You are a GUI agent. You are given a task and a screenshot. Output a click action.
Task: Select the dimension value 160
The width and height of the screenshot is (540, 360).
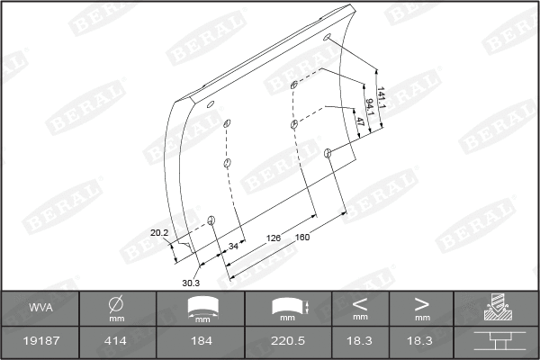[x=302, y=238]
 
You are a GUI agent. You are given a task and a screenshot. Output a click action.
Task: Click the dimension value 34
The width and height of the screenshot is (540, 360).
[x=234, y=245]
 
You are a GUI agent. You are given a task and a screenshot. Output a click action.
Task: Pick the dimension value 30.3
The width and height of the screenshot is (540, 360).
[x=190, y=283]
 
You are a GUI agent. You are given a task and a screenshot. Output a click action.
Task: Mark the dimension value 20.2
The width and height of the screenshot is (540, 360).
[x=159, y=233]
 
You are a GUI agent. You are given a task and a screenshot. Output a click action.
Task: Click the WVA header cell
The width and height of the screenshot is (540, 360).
[x=40, y=308]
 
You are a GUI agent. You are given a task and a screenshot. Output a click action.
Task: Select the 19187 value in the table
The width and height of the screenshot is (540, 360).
[x=40, y=343]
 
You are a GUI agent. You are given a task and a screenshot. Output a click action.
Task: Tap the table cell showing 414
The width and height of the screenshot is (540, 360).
[x=116, y=343]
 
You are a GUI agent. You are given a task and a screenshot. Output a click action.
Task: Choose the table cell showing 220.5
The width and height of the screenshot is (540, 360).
[x=288, y=343]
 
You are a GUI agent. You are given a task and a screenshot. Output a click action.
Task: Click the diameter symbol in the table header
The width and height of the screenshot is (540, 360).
[x=116, y=304]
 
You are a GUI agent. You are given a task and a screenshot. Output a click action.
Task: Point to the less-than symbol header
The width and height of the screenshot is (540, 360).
[x=360, y=303]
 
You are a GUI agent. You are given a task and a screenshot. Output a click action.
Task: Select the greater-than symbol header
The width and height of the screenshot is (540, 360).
[x=421, y=303]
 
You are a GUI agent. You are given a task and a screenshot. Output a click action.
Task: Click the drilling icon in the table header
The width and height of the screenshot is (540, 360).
[x=496, y=309]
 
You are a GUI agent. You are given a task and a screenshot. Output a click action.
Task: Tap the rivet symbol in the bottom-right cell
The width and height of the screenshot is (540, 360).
[x=496, y=343]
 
